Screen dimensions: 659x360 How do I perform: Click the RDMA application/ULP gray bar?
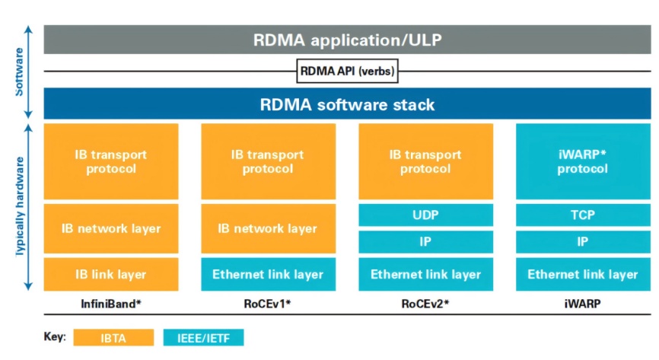coord(347,40)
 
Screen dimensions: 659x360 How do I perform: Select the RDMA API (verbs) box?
coord(347,71)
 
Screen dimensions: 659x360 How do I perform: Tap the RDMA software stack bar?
coord(347,104)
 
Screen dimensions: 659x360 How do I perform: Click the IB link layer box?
coord(111,274)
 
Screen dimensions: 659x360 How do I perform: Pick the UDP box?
coord(425,215)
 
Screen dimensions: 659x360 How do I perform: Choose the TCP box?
coord(583,215)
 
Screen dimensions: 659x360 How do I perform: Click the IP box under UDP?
coord(425,242)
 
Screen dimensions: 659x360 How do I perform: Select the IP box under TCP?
coord(583,242)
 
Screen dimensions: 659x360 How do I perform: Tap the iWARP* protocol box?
coord(583,161)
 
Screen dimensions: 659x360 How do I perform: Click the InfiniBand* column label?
coord(111,304)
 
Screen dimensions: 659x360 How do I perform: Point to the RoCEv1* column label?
coord(268,304)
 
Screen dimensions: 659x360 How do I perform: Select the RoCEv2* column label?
coord(425,304)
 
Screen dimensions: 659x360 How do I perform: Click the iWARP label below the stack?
coord(582,304)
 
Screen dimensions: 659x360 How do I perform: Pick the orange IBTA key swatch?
coord(113,338)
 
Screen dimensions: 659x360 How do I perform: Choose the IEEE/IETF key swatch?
coord(203,338)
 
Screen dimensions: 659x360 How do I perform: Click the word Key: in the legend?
coord(55,337)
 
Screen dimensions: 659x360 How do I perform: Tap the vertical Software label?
coord(19,72)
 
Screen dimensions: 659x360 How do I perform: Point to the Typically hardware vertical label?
coord(19,206)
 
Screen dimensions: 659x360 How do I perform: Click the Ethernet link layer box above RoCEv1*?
coord(268,274)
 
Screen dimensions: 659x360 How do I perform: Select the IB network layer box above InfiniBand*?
coord(111,228)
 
